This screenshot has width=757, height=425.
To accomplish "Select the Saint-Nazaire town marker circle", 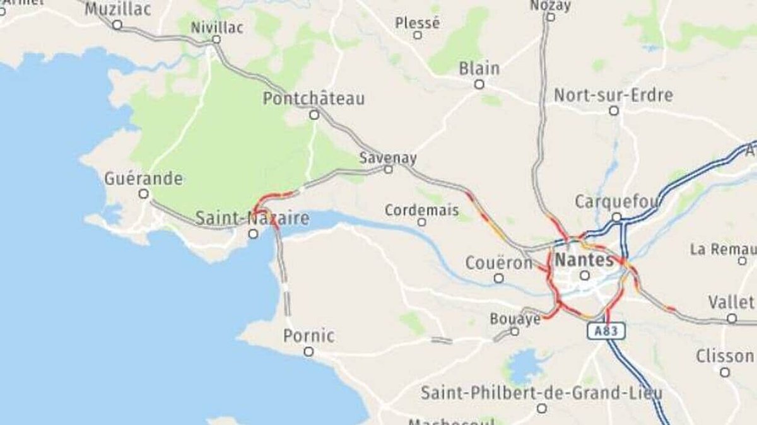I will point(253,234).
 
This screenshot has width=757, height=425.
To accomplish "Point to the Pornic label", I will point(308,335).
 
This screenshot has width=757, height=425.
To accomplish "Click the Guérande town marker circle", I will point(144,194).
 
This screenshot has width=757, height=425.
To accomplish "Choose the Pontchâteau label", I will point(314,99).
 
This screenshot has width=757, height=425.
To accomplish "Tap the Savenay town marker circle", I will point(389,169).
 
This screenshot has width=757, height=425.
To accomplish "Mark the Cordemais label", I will point(421,210).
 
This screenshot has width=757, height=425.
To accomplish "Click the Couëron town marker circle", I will point(499,278).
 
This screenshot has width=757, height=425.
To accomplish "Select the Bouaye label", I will point(515,319).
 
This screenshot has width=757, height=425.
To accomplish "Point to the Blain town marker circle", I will point(479,84).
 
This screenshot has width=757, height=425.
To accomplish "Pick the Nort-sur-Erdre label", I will point(613,95).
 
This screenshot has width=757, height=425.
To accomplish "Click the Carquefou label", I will point(616,202).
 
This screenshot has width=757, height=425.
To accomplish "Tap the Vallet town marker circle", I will point(732,318).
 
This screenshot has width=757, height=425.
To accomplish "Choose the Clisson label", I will point(724,356).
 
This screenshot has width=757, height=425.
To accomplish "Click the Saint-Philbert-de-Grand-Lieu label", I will point(541,393).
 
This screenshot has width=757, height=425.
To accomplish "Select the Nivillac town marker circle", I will point(216,39).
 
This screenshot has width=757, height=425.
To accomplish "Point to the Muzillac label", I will point(117,9).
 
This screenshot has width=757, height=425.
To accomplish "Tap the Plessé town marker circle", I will point(417,35).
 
